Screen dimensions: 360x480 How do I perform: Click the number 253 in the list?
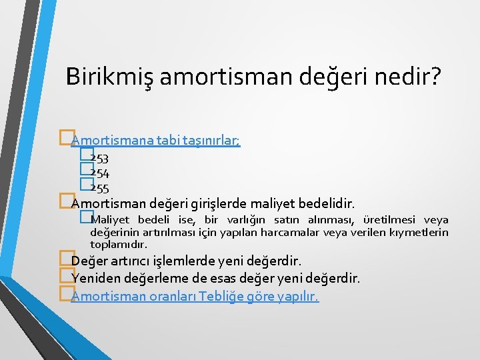100,159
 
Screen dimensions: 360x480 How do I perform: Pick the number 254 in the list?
100,173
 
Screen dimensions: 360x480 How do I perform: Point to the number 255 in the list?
100,188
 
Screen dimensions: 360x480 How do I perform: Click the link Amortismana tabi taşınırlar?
155,140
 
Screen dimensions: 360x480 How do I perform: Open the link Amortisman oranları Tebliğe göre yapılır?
195,296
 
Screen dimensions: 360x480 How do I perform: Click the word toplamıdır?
119,244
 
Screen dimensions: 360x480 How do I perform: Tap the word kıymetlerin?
423,232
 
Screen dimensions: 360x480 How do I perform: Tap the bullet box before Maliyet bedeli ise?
84,216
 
